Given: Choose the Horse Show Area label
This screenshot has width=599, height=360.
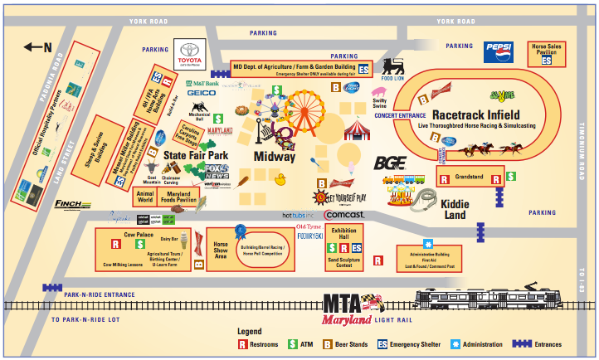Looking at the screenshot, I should point(221,250).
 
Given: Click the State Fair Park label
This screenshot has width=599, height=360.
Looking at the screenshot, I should point(195,156).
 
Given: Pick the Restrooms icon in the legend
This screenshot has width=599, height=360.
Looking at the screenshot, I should point(244,344).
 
